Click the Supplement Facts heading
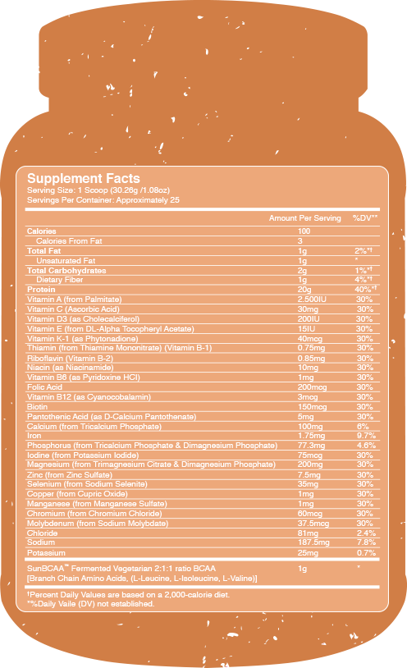pyautogui.click(x=84, y=178)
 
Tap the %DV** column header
pyautogui.click(x=364, y=218)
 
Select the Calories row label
pyautogui.click(x=43, y=232)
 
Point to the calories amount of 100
pyautogui.click(x=304, y=232)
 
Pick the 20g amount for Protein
pyautogui.click(x=303, y=289)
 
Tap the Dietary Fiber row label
pyautogui.click(x=59, y=279)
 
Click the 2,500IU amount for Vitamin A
pyautogui.click(x=312, y=300)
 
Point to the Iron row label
pyautogui.click(x=34, y=435)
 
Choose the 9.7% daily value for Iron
pyautogui.click(x=365, y=435)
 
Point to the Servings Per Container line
pyautogui.click(x=103, y=199)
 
